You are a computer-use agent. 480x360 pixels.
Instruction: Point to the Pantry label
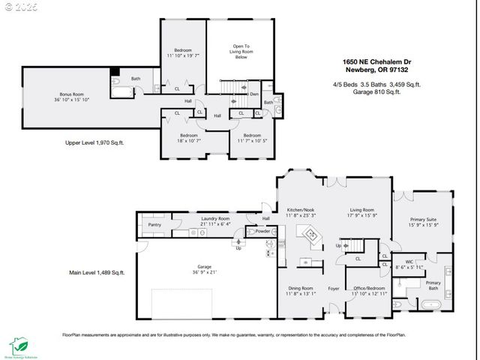click(154, 224)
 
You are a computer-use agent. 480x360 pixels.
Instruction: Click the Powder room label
click(263, 231)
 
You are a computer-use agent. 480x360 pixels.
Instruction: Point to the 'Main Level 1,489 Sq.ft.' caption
click(97, 272)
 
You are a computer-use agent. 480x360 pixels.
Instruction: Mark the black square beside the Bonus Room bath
click(114, 72)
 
